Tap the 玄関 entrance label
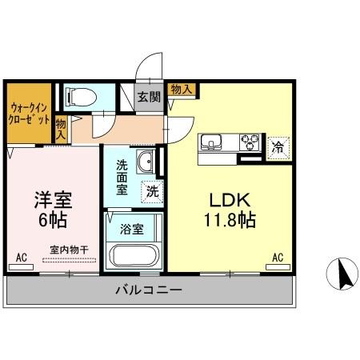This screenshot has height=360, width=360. coord(147,97)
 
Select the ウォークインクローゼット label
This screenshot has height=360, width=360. coord(30,114)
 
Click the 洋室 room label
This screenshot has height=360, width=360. coord(50,198)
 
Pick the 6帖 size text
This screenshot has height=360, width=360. coord(50,218)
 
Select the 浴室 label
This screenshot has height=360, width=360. coord(131,229)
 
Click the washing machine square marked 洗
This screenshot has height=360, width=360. coord(151,191)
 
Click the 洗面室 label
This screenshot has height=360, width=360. coord(122,177)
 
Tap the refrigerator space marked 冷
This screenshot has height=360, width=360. coord(278,147)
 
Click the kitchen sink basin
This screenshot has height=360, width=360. coord(212,144)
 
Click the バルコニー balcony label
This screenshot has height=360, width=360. coord(148,290)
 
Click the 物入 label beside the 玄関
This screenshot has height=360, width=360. coord(180,89)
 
